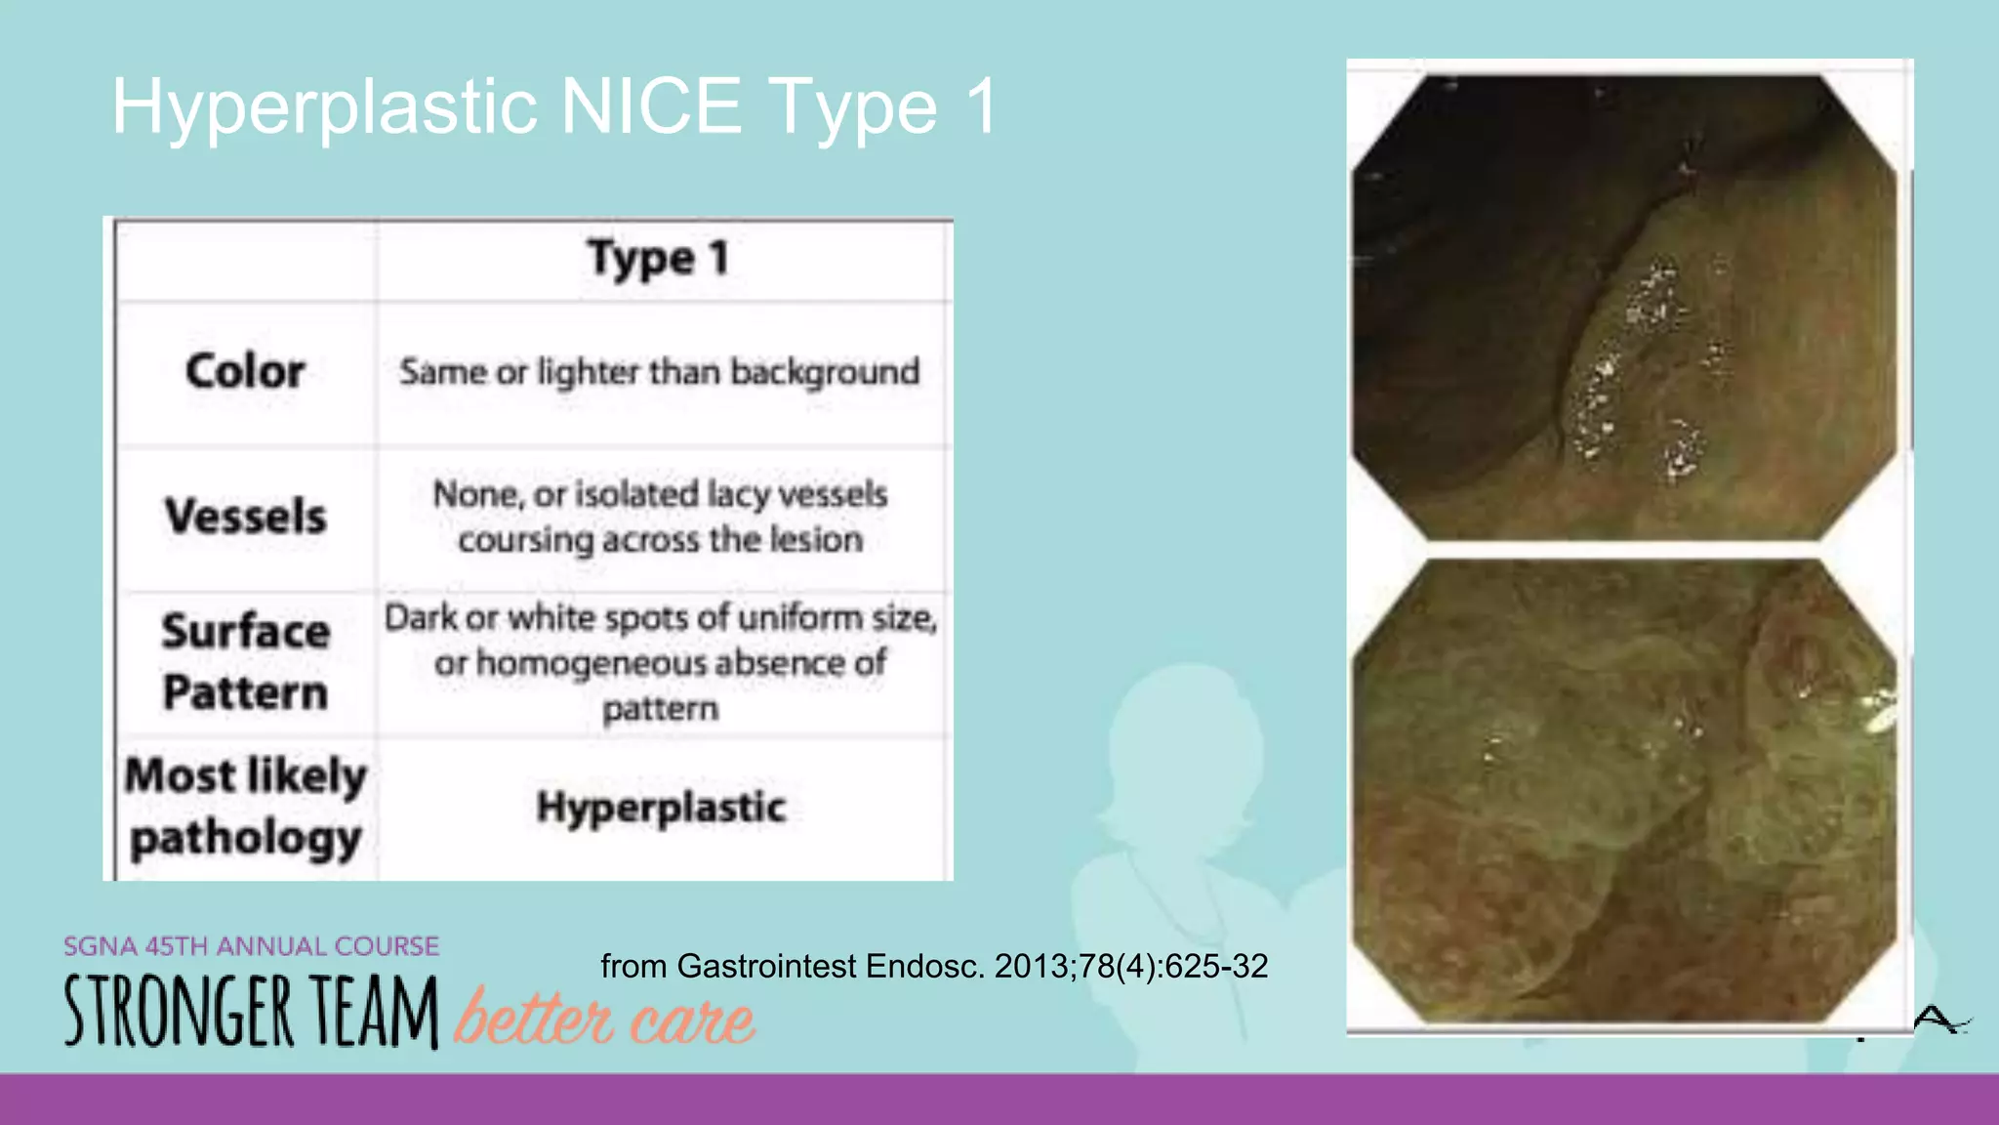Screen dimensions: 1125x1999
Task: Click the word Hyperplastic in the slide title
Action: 324,107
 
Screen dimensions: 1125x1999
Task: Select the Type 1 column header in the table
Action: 658,259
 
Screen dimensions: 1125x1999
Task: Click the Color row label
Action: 245,372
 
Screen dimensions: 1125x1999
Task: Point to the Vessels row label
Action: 245,516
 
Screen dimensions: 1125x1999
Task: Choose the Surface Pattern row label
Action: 245,662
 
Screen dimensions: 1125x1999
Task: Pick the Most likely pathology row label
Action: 245,807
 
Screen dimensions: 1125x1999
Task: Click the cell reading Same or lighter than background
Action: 660,372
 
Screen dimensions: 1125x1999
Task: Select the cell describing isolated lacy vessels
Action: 660,516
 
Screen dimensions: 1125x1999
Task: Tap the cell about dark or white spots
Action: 660,662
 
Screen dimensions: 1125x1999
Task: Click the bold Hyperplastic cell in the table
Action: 661,808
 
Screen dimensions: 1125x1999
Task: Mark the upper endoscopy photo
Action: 1624,308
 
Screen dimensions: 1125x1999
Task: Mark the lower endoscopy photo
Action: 1624,791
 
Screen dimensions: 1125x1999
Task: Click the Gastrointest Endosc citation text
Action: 933,966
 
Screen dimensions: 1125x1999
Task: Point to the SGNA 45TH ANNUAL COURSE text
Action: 251,946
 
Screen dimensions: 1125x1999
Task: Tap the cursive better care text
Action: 605,1019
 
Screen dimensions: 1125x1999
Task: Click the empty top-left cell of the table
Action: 245,261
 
